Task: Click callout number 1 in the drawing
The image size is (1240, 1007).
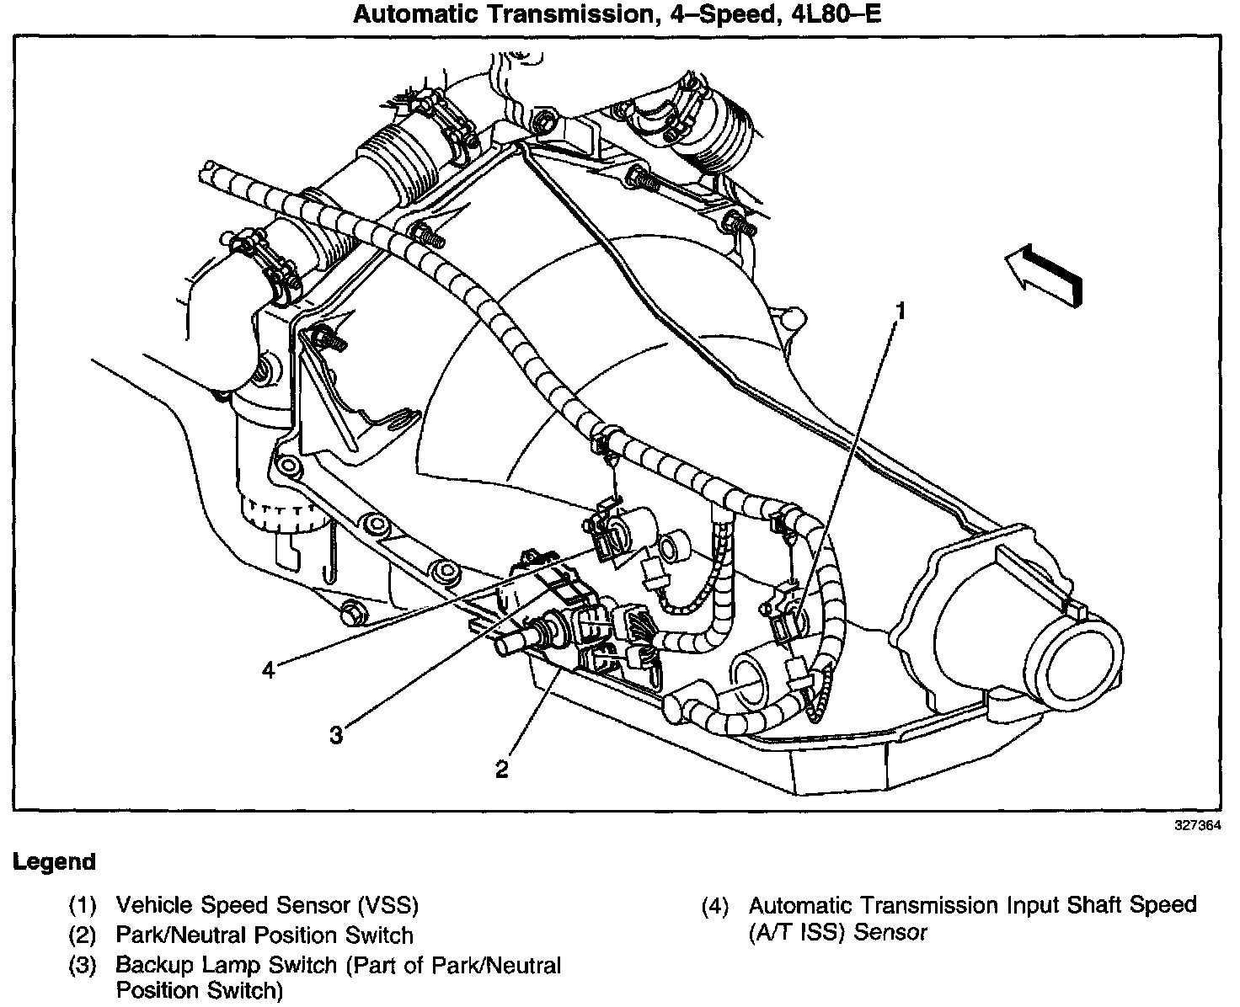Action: [x=901, y=312]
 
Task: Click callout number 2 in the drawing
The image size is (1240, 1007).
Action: [x=502, y=770]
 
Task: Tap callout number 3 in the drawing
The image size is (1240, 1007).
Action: [x=336, y=735]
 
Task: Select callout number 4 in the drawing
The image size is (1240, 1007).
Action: [x=268, y=670]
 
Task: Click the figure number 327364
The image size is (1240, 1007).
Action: [x=1199, y=826]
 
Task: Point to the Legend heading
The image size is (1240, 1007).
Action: [x=54, y=862]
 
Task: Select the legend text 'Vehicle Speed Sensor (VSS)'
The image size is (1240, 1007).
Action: [x=267, y=905]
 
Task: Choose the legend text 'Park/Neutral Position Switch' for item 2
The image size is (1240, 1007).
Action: [x=265, y=935]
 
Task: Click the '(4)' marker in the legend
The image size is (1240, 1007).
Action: [x=715, y=907]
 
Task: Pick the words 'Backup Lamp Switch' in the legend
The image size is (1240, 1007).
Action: [x=227, y=964]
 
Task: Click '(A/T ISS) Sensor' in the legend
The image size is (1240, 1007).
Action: [x=837, y=933]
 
